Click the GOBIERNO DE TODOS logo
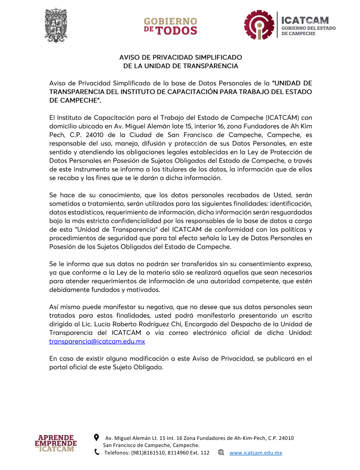(170, 26)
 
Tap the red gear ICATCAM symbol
(260, 26)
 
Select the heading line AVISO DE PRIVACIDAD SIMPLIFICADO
(180, 58)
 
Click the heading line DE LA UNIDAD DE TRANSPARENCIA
(180, 66)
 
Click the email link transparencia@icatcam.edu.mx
(97, 342)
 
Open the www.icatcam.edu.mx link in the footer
(256, 453)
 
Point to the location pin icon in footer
(97, 438)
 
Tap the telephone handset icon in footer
(97, 452)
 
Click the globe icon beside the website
(221, 453)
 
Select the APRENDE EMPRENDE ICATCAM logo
(56, 443)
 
